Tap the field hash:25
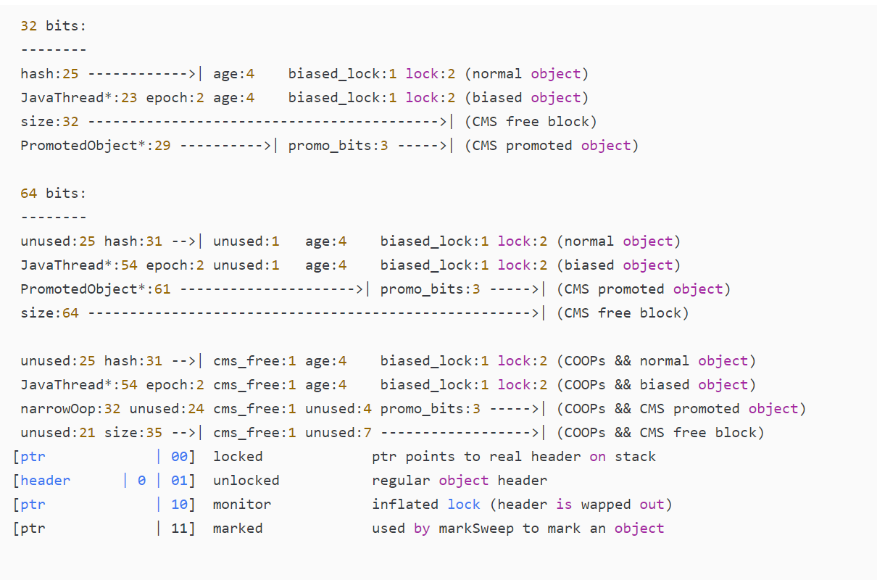[x=49, y=74]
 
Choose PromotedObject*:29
[x=95, y=146]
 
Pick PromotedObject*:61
[x=95, y=289]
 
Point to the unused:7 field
[x=338, y=433]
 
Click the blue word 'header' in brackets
[x=46, y=481]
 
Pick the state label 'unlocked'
[x=246, y=481]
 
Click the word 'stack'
[x=635, y=457]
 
